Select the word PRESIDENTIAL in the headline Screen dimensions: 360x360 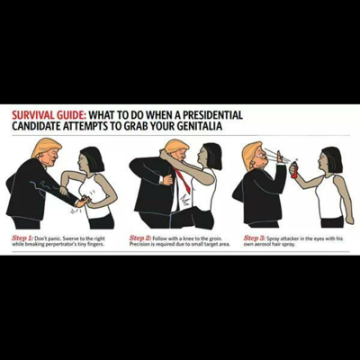[x=212, y=115]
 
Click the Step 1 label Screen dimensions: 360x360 [x=22, y=238]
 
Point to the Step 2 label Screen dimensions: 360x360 [x=140, y=238]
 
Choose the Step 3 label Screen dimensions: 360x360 [x=255, y=238]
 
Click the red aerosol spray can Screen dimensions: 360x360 [x=294, y=170]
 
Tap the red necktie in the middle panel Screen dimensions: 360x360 [x=184, y=181]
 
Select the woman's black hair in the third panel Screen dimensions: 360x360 [x=332, y=159]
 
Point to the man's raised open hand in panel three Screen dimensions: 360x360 [x=279, y=157]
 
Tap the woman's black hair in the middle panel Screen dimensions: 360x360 [x=213, y=156]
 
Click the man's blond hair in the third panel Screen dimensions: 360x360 [x=250, y=155]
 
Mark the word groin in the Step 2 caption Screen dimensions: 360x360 [x=216, y=238]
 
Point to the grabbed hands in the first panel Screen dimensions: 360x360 [x=83, y=201]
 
